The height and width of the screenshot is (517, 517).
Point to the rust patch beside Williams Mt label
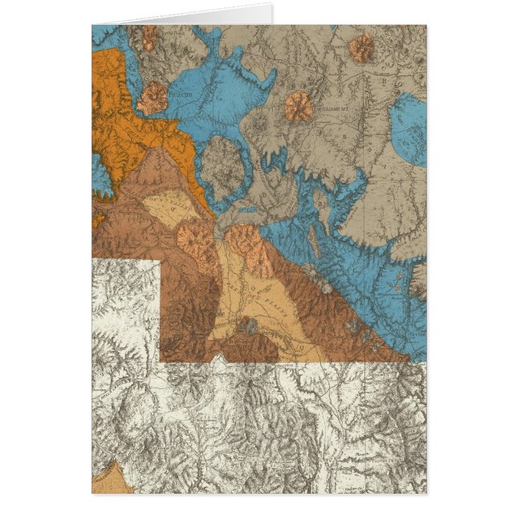299,106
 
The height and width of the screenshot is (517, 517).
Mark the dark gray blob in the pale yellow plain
248,325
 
